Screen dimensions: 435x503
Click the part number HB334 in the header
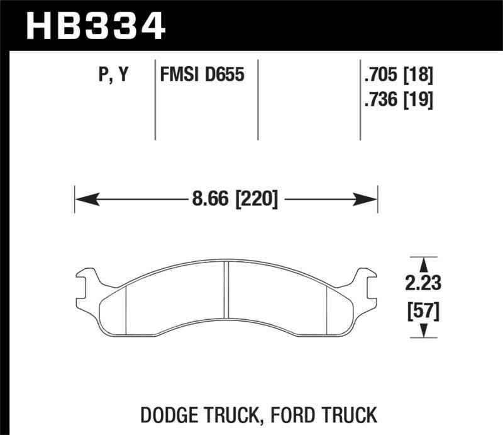click(94, 26)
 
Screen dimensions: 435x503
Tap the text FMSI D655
click(201, 76)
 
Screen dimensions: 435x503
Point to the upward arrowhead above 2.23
click(424, 264)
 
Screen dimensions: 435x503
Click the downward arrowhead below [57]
click(424, 331)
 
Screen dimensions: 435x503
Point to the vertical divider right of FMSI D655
click(258, 101)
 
